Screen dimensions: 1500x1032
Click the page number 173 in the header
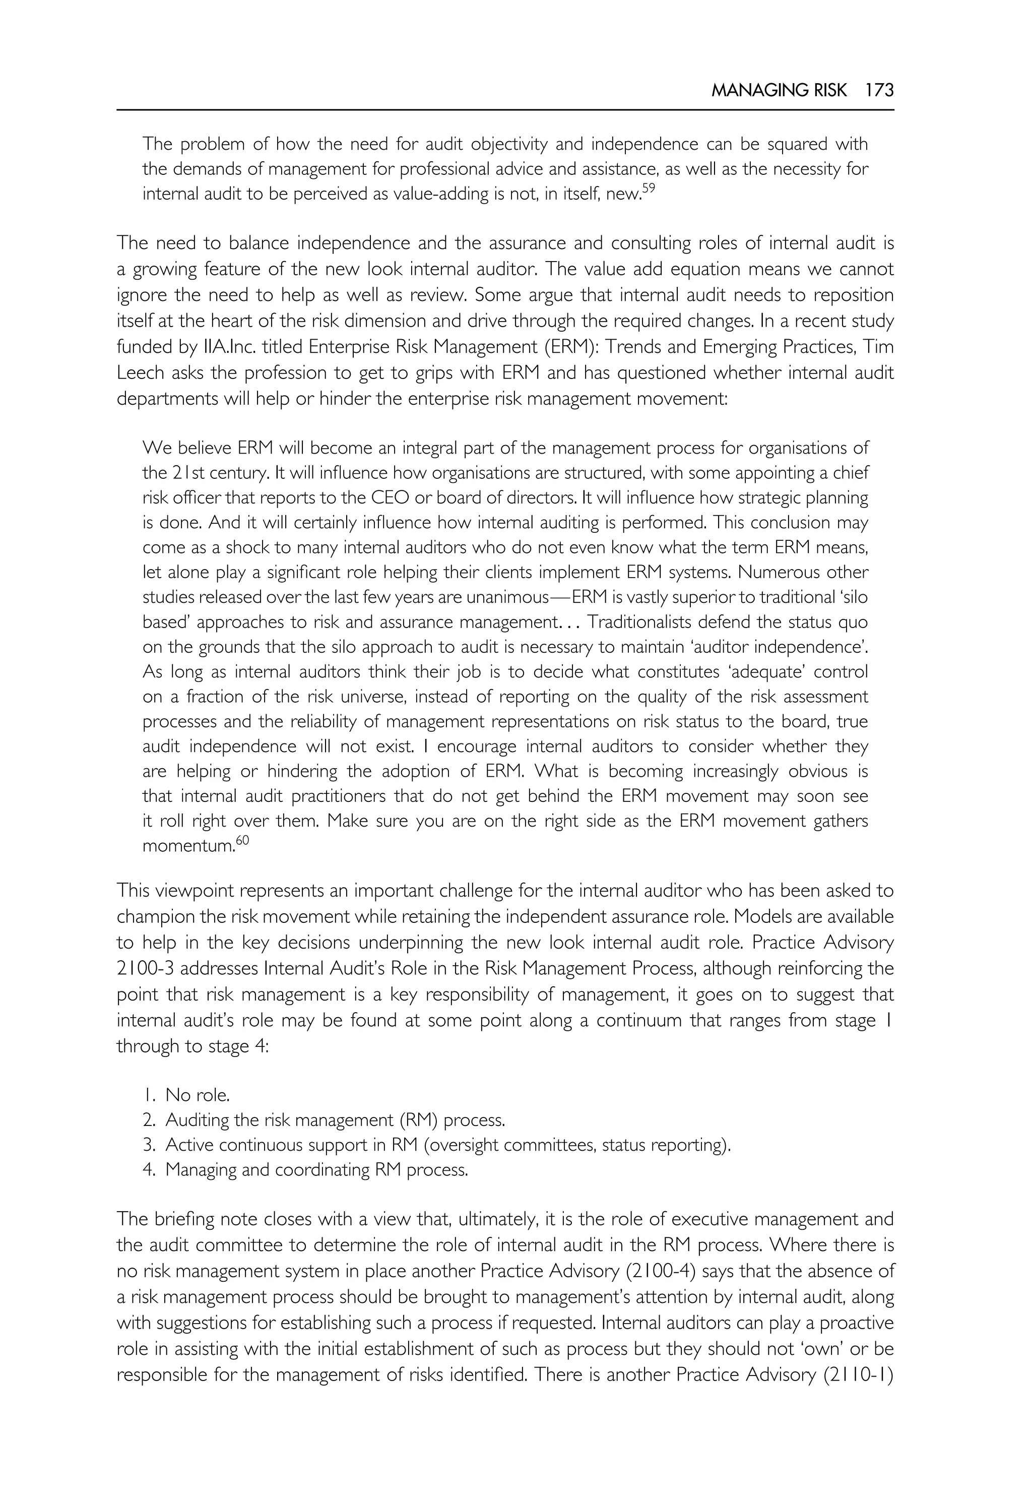pyautogui.click(x=879, y=91)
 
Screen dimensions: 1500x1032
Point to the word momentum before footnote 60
pyautogui.click(x=187, y=846)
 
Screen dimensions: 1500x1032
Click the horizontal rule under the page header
pyautogui.click(x=505, y=110)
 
